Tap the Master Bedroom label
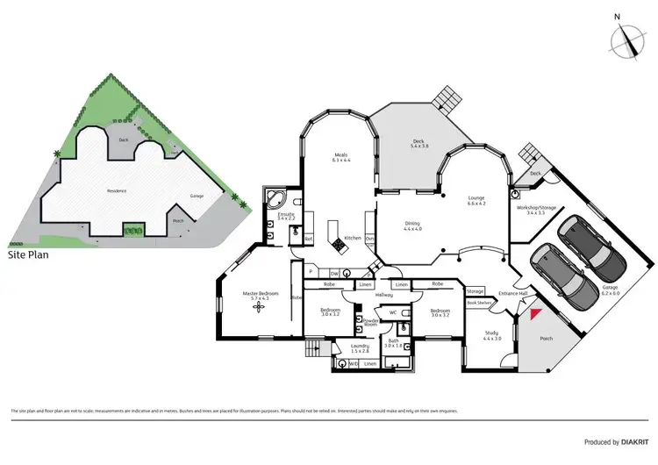(261, 295)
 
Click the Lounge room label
(476, 200)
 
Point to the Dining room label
(412, 225)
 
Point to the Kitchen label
(353, 239)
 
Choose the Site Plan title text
(30, 256)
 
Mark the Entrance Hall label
(512, 293)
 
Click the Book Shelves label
(479, 303)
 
